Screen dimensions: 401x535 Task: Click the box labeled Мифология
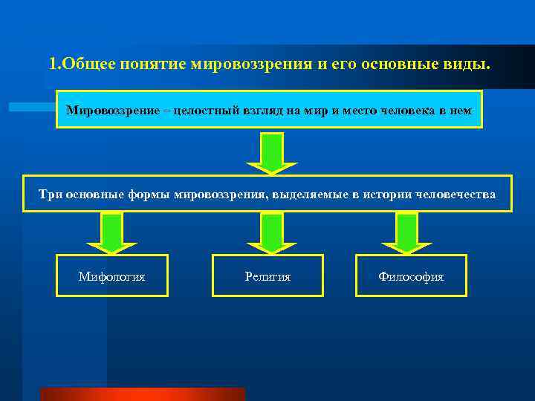(112, 276)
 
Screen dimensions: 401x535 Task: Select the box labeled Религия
(267, 276)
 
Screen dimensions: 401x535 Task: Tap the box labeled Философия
(411, 276)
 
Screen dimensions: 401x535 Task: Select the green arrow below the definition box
(273, 153)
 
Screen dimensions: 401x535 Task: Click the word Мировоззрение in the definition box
(108, 111)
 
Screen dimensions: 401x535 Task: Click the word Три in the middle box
(50, 195)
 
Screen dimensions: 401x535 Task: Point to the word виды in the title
(470, 64)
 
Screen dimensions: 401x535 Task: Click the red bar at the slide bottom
(142, 394)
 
